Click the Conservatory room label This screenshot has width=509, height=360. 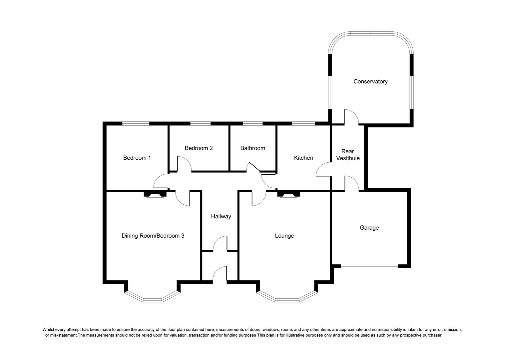tap(370, 81)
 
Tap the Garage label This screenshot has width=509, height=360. tap(369, 228)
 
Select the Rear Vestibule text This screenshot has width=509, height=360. tap(348, 155)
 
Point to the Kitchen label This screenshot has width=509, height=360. tap(303, 158)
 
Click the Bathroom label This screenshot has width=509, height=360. tap(253, 148)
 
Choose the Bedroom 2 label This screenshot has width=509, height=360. tap(199, 148)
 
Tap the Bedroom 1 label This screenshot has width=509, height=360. tap(137, 158)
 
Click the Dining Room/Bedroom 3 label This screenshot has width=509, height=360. tap(153, 236)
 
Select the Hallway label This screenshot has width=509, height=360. tap(221, 216)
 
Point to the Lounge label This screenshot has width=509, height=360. tap(284, 236)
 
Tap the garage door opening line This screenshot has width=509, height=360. tap(369, 266)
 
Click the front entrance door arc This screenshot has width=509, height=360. tap(220, 273)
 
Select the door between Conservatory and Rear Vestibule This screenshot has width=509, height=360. tap(351, 117)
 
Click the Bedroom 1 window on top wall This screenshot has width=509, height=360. tap(136, 123)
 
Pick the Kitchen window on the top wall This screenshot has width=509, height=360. tap(303, 123)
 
